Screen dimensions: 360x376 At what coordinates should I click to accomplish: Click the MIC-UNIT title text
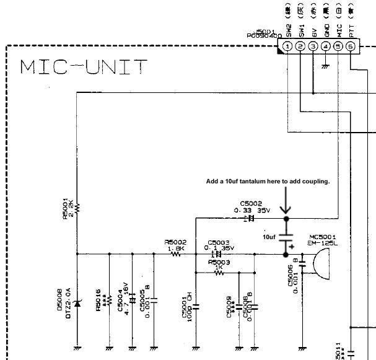pyautogui.click(x=84, y=66)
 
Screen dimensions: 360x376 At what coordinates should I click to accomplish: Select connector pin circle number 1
pyautogui.click(x=287, y=46)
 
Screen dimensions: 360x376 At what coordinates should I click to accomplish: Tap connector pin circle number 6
pyautogui.click(x=351, y=46)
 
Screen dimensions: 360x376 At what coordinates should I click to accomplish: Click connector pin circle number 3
pyautogui.click(x=313, y=46)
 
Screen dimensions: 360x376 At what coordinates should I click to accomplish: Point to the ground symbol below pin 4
pyautogui.click(x=325, y=66)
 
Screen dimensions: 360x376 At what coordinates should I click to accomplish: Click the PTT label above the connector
pyautogui.click(x=351, y=27)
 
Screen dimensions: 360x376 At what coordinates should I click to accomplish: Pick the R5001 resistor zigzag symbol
pyautogui.click(x=77, y=206)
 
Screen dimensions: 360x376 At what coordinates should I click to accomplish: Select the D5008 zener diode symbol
pyautogui.click(x=77, y=304)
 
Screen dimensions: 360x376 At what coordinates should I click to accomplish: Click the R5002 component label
pyautogui.click(x=175, y=242)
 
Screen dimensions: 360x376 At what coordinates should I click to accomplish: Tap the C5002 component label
pyautogui.click(x=250, y=203)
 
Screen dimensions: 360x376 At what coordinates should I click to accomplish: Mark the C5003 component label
pyautogui.click(x=219, y=242)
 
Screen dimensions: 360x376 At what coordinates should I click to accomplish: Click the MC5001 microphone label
pyautogui.click(x=321, y=237)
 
